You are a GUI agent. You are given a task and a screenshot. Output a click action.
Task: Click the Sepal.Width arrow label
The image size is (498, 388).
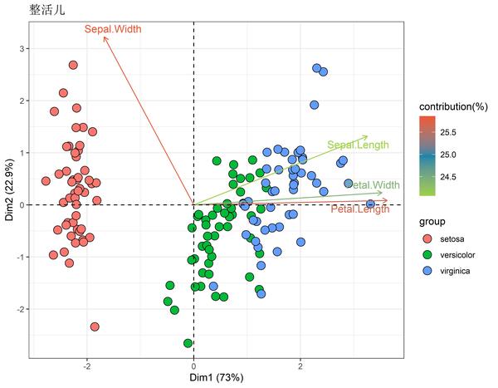click(x=113, y=29)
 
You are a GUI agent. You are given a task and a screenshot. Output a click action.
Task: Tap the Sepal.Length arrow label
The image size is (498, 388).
click(x=357, y=145)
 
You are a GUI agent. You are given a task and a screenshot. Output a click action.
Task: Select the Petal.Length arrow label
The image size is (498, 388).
click(x=360, y=210)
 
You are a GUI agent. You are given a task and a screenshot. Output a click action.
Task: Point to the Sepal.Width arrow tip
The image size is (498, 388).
click(x=104, y=37)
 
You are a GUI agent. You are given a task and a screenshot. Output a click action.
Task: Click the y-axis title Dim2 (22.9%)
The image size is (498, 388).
click(x=8, y=191)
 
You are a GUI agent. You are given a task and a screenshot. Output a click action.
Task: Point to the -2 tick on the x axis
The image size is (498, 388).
click(x=86, y=366)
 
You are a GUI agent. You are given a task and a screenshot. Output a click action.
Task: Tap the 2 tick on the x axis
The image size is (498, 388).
click(x=300, y=366)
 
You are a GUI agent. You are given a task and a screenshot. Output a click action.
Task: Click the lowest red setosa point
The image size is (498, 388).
click(x=95, y=327)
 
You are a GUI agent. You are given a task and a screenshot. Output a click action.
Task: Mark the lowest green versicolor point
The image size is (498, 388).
click(x=188, y=343)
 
